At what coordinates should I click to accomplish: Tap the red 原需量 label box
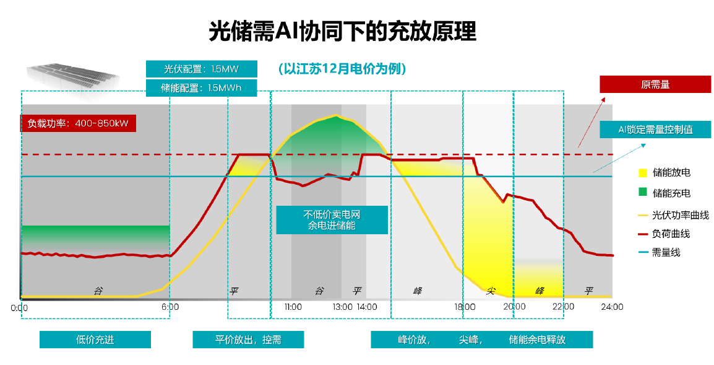point(655,84)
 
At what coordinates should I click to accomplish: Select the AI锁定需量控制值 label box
point(655,130)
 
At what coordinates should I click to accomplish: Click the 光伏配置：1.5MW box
point(201,69)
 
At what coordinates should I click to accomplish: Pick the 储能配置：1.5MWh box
point(201,88)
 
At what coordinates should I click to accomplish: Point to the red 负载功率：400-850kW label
point(78,123)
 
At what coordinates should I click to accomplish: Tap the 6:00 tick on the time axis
point(170,307)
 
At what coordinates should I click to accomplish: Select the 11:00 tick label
point(293,307)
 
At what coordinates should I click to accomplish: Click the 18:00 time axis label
point(465,307)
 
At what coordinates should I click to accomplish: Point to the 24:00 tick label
point(612,307)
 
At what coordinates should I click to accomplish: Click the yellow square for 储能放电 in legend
point(642,174)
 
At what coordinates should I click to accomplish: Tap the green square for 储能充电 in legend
point(642,193)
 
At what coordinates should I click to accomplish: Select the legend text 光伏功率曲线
point(680,215)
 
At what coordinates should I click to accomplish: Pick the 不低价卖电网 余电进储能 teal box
point(332,220)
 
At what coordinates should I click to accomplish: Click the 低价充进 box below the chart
point(95,340)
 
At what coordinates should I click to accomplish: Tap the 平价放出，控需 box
point(248,340)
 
